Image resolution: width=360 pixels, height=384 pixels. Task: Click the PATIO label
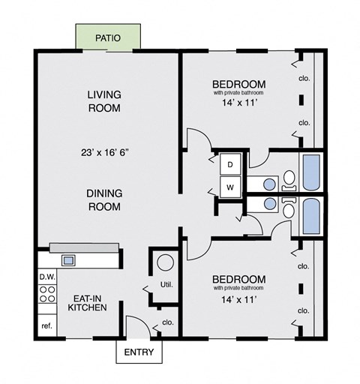(x=109, y=37)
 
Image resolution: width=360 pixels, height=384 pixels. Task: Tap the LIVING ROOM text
(x=104, y=100)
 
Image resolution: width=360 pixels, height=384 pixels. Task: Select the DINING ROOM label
(x=104, y=199)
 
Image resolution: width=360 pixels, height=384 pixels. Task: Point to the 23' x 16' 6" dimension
(x=105, y=152)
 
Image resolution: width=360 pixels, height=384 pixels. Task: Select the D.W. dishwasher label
(x=46, y=276)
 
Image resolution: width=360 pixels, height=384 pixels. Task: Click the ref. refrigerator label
(x=46, y=326)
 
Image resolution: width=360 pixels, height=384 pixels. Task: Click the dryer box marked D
(x=229, y=163)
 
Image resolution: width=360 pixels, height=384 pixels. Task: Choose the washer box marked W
(x=229, y=185)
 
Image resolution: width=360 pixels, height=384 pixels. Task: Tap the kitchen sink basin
(x=68, y=260)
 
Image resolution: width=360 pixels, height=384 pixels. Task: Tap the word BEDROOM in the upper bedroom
(x=238, y=83)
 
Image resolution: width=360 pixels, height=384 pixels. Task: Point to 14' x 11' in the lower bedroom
(x=238, y=298)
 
